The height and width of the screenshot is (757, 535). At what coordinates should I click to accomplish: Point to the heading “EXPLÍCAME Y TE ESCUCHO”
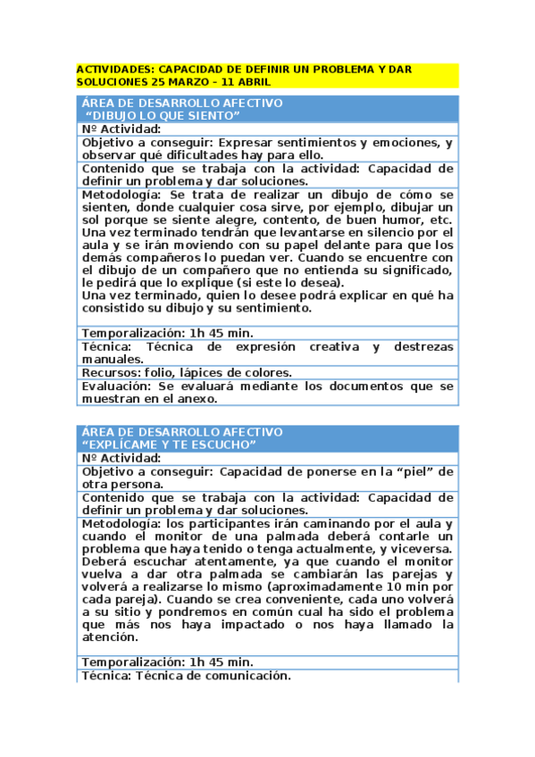(168, 445)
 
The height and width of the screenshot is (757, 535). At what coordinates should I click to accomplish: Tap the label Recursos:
(109, 372)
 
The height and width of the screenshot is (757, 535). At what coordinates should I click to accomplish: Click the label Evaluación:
(116, 387)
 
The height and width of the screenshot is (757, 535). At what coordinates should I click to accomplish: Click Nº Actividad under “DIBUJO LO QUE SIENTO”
(121, 129)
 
